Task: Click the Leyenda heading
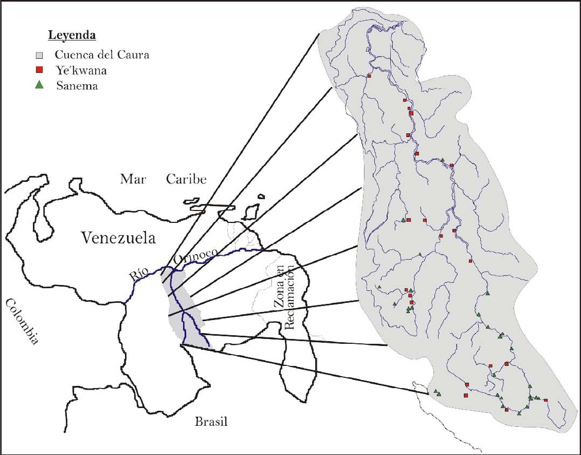tap(72, 36)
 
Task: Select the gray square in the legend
tap(39, 55)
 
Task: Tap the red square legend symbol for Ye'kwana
tap(39, 70)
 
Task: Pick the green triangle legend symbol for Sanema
tap(39, 85)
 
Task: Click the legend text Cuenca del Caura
tap(94, 55)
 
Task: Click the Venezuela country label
tap(118, 237)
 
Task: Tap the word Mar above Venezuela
tap(133, 179)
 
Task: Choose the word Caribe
tap(186, 179)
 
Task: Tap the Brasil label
tap(211, 422)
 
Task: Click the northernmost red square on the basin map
tap(369, 76)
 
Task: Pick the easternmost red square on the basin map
tap(545, 400)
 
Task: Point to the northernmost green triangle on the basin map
tap(442, 160)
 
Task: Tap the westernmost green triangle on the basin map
tap(379, 287)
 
